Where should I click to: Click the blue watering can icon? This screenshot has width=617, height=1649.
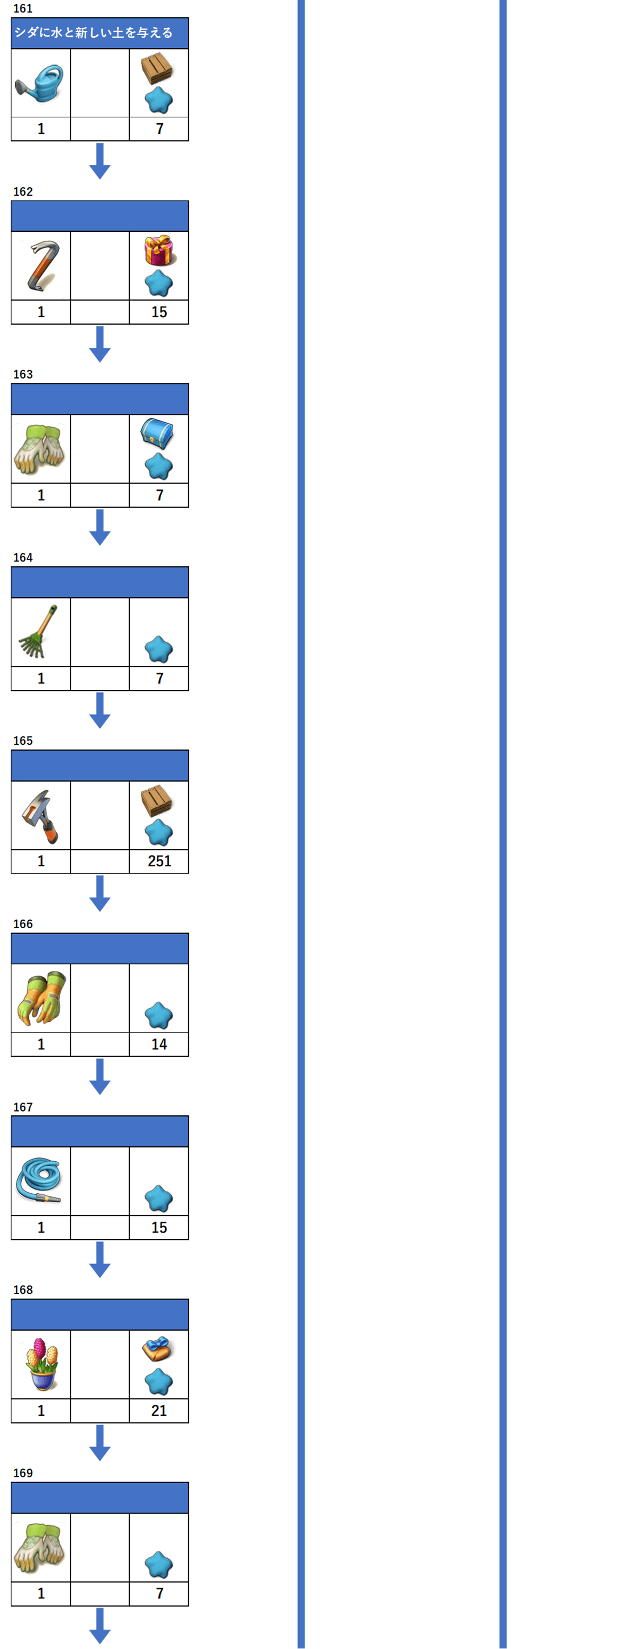tap(39, 83)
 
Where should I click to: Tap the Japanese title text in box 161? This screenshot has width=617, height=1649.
tap(93, 33)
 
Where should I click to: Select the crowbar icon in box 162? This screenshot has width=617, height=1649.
tap(42, 265)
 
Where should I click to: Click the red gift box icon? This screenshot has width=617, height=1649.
tap(159, 250)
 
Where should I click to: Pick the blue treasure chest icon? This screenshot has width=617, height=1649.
tap(157, 433)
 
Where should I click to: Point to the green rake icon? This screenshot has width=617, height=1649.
tap(38, 631)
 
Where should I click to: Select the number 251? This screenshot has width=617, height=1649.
tap(159, 861)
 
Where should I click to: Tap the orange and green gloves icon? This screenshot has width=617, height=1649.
tap(39, 998)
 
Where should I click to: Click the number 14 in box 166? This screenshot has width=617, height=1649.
tap(159, 1044)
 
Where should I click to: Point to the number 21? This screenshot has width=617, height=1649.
tap(159, 1410)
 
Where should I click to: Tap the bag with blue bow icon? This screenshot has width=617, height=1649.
tap(157, 1349)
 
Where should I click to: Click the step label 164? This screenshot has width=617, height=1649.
tap(23, 558)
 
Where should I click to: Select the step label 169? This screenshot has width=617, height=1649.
tap(23, 1473)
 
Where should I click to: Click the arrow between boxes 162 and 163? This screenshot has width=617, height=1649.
tap(100, 344)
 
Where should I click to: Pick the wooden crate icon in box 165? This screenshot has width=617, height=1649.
tap(157, 800)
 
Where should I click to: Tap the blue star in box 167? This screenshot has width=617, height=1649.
tap(159, 1199)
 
